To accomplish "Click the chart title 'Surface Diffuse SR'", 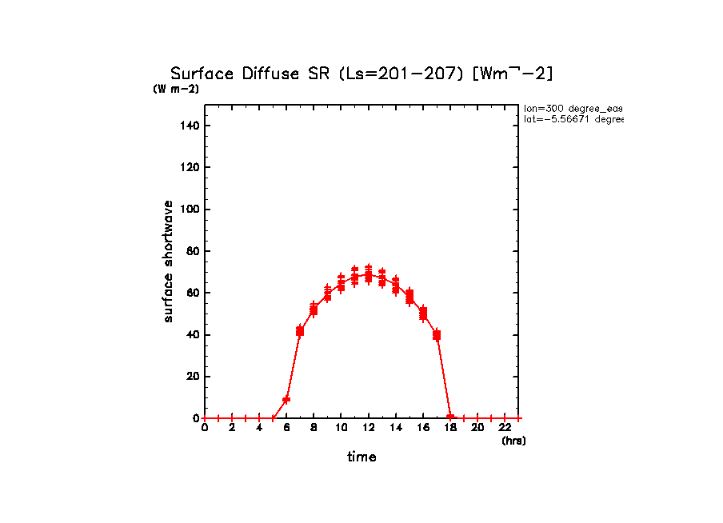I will point(252,74).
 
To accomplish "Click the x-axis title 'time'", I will point(361,457).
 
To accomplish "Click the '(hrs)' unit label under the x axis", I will point(513,441).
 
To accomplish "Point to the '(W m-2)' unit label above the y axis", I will point(176,89).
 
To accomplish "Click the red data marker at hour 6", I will point(286,399).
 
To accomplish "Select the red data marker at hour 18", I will point(450,417).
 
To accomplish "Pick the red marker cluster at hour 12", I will point(368,275).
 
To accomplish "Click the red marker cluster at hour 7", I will point(300,330).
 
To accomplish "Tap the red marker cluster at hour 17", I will point(437,334).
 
